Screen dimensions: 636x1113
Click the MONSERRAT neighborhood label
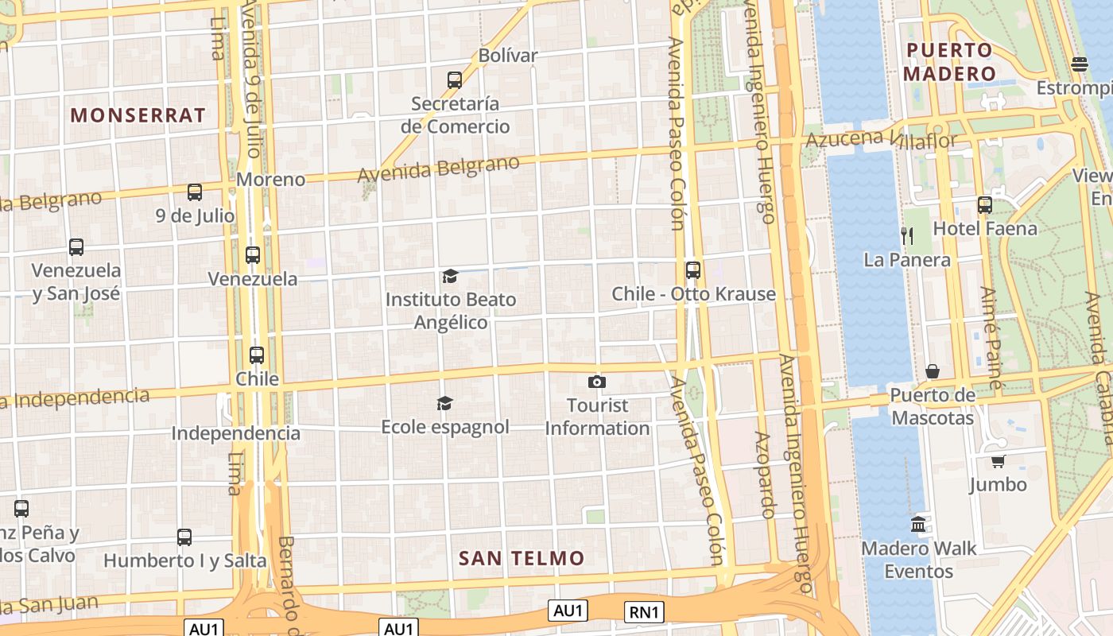138,115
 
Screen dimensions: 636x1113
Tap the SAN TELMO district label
522,558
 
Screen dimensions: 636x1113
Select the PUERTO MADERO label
951,62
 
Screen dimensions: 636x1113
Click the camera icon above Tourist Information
597,382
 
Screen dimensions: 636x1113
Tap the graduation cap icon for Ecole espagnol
444,404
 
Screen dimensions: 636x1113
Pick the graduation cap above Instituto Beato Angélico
450,276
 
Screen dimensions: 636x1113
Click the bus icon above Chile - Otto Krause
693,270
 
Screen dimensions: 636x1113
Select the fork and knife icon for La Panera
906,235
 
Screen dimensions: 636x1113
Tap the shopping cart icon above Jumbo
999,461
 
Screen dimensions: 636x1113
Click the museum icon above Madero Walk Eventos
919,524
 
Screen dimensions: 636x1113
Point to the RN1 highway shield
644,611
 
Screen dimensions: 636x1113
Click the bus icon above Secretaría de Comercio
455,80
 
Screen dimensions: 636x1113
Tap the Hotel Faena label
985,229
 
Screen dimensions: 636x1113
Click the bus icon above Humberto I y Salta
184,537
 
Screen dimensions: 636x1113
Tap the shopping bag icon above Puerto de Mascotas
933,371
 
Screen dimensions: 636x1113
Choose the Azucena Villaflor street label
882,140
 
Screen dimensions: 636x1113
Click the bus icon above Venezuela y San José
76,247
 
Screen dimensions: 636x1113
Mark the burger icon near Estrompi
1079,64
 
